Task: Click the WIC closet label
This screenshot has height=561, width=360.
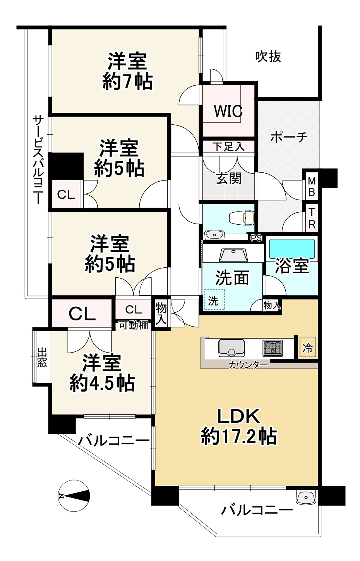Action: click(x=228, y=111)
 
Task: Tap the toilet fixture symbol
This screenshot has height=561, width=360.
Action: click(x=241, y=218)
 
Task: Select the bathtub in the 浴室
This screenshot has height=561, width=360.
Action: click(x=291, y=248)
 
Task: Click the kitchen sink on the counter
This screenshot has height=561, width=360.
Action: click(x=231, y=347)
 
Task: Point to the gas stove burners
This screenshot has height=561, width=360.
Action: click(x=273, y=347)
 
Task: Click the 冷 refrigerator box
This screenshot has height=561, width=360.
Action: click(x=307, y=348)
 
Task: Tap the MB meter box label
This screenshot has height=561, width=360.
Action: click(x=312, y=186)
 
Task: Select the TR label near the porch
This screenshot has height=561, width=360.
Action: click(x=312, y=218)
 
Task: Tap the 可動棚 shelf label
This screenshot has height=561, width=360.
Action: click(x=133, y=325)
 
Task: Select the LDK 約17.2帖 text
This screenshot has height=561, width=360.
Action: click(x=238, y=427)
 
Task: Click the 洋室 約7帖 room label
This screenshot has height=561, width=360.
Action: click(x=127, y=71)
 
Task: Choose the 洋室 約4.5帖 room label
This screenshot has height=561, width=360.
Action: click(x=102, y=373)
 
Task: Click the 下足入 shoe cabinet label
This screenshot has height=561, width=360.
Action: click(x=228, y=147)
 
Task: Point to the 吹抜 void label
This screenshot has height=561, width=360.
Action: click(x=268, y=57)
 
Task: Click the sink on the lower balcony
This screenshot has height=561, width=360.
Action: click(x=306, y=497)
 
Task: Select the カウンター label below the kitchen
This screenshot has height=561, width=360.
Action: click(x=248, y=365)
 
